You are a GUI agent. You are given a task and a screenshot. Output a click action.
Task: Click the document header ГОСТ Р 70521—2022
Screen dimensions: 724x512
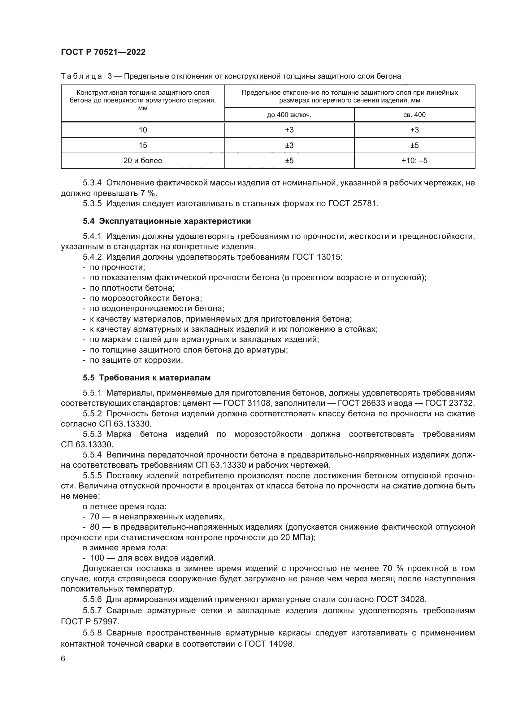click(x=103, y=52)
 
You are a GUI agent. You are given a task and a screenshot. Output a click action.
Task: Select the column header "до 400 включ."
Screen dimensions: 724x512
click(x=289, y=115)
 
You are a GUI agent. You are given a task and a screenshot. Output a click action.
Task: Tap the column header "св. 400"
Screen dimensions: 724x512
click(x=414, y=115)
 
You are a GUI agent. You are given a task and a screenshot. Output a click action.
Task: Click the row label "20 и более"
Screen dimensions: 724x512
click(x=142, y=161)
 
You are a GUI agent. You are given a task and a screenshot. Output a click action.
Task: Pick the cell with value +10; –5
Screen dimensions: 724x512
click(x=414, y=161)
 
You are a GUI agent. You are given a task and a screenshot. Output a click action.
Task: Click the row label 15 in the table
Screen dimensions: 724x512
click(x=142, y=145)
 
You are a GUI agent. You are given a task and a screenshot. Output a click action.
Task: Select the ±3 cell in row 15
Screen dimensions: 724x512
click(x=289, y=145)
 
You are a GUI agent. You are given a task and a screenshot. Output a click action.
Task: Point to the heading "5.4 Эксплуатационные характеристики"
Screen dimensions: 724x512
click(x=167, y=221)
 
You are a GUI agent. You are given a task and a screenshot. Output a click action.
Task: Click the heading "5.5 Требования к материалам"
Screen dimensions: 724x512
click(x=147, y=378)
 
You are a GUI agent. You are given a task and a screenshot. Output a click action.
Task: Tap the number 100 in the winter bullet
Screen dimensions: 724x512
click(x=97, y=558)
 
